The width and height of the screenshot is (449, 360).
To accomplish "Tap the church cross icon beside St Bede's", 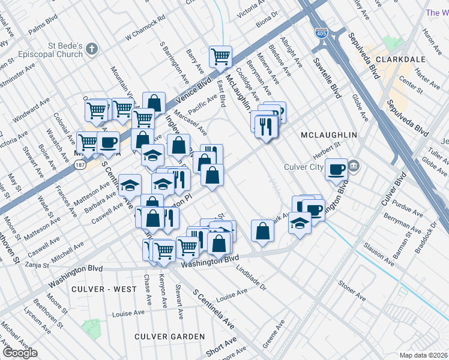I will point(91,48).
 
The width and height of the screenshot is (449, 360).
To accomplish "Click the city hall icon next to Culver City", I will point(354,164).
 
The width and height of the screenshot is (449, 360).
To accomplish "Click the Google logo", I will point(20,353).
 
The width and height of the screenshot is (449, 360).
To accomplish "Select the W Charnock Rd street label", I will point(145,30).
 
